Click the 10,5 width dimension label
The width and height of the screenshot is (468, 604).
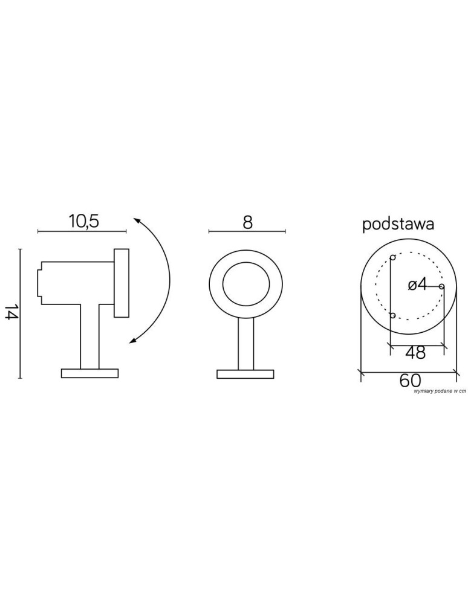84,222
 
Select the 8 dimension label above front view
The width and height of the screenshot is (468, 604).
247,222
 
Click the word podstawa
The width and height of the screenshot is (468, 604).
398,225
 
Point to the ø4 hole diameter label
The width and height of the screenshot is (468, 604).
417,285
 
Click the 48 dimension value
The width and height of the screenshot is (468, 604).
415,352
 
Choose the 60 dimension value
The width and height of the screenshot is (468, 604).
410,380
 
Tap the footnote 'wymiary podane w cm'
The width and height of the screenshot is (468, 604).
440,391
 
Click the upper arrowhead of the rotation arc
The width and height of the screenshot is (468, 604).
137,220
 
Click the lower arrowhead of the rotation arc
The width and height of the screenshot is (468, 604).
134,339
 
